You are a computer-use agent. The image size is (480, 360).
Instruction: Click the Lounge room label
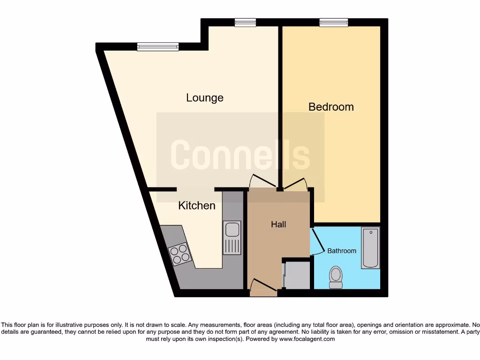point(205,98)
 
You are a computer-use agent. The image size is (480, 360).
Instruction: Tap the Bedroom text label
point(331,107)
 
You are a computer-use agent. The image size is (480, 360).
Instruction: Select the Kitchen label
point(197,206)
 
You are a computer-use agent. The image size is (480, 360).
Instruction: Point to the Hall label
point(278,225)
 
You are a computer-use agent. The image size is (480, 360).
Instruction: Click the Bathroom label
point(342,251)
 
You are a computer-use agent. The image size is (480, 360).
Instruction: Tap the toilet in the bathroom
point(336,277)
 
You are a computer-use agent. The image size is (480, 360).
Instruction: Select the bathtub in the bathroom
point(370,248)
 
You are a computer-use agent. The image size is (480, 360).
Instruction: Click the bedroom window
point(334,22)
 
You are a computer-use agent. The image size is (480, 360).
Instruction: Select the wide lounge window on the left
point(158,46)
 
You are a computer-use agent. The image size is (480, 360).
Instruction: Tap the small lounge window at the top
point(246,22)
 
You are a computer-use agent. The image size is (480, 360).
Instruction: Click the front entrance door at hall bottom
point(262,287)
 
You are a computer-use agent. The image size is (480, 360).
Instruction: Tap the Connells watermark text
point(240,155)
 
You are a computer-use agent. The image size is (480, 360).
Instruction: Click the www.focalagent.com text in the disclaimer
point(307,339)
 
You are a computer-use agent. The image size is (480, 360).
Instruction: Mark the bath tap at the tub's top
point(370,232)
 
